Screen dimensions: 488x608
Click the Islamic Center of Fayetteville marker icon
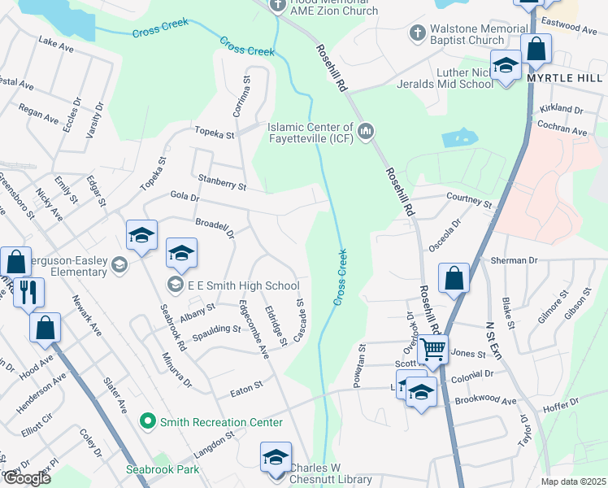pyautogui.click(x=365, y=130)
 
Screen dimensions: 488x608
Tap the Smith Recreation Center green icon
pyautogui.click(x=147, y=421)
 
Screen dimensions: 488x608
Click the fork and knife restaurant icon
pyautogui.click(x=28, y=292)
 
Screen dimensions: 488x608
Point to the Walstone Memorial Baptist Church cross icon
pyautogui.click(x=418, y=33)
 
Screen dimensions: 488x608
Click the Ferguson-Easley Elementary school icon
pyautogui.click(x=119, y=264)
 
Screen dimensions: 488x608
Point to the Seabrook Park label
pyautogui.click(x=163, y=469)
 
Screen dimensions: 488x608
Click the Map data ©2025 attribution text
pyautogui.click(x=574, y=481)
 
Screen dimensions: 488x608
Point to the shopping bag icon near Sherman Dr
pyautogui.click(x=454, y=278)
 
